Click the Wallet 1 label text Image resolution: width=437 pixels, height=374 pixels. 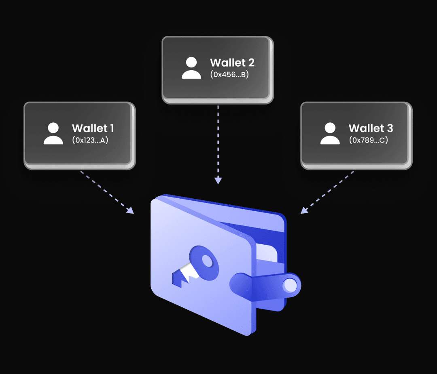93,128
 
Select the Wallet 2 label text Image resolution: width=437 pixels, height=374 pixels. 232,63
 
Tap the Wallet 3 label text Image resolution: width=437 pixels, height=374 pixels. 370,128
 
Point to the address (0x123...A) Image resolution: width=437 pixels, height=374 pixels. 90,141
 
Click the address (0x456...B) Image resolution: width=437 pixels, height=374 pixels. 229,75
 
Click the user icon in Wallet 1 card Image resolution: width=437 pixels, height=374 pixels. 53,134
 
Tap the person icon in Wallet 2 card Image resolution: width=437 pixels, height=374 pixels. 191,68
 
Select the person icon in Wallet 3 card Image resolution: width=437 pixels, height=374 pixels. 330,134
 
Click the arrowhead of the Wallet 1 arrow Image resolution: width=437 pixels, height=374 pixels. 130,210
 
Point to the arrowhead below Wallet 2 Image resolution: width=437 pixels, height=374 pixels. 218,181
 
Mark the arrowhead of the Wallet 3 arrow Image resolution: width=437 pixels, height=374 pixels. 304,210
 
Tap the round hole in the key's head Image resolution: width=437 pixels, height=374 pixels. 207,261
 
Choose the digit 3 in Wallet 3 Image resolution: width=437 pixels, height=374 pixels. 389,128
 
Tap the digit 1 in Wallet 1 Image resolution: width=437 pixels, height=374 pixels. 111,128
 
